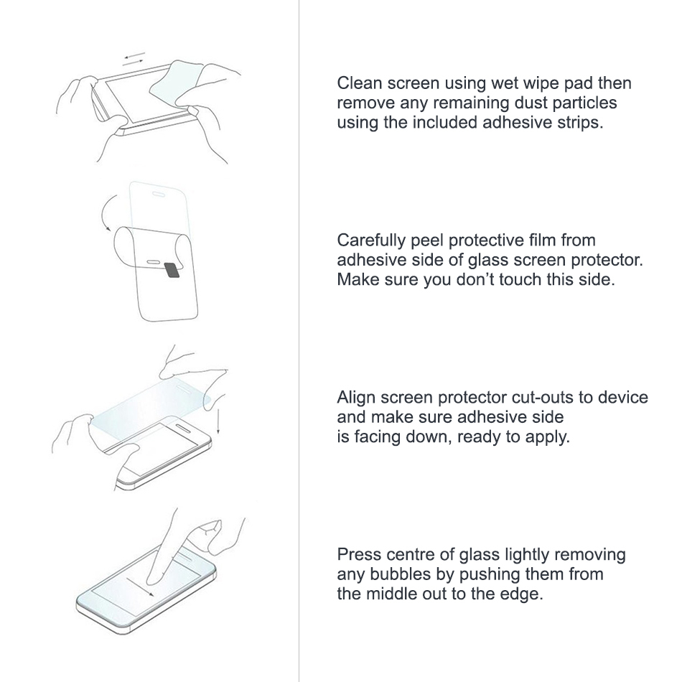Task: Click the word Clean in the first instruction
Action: pos(358,83)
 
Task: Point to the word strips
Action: pos(578,122)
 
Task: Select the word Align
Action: pos(355,398)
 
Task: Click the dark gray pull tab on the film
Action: pos(173,269)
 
